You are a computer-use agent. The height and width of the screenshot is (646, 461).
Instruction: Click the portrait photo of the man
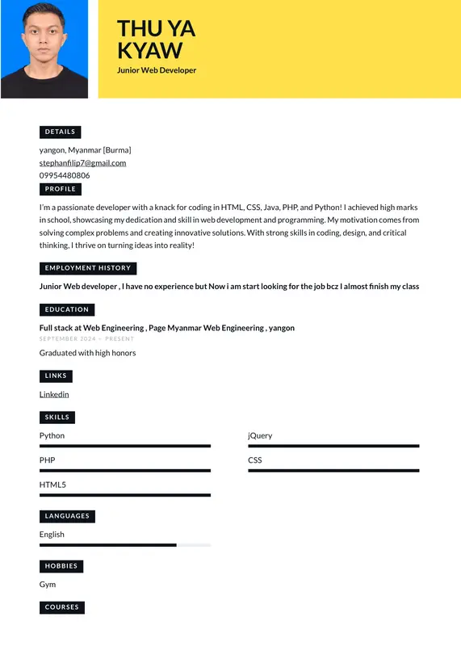(x=44, y=48)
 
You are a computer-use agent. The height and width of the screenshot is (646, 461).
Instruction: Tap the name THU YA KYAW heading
(x=157, y=40)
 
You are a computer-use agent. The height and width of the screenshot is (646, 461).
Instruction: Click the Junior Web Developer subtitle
(x=157, y=70)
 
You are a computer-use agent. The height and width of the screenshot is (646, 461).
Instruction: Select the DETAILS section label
(x=60, y=132)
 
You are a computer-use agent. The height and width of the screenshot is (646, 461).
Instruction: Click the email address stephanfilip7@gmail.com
(x=82, y=163)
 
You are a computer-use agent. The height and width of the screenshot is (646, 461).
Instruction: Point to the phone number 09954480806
(x=65, y=175)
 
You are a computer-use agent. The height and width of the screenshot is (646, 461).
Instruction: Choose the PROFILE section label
(x=61, y=189)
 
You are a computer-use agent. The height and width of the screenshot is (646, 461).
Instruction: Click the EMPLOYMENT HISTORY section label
(x=87, y=268)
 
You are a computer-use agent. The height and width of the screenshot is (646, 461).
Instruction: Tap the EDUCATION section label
(x=67, y=309)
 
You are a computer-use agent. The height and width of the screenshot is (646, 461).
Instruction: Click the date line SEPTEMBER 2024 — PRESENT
(x=86, y=339)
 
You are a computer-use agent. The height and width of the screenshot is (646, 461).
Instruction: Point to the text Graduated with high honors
(x=87, y=353)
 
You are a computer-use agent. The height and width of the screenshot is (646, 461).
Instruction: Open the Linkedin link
(x=54, y=394)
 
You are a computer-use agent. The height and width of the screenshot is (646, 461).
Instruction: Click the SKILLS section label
(x=57, y=417)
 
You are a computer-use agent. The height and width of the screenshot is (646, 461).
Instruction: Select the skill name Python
(x=52, y=435)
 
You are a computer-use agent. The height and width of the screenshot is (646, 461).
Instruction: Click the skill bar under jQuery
(x=333, y=446)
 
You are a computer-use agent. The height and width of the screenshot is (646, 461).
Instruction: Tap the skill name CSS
(x=255, y=460)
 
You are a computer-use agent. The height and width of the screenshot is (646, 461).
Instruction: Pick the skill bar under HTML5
(x=125, y=495)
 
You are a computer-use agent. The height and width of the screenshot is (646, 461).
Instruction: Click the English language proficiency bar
(x=125, y=545)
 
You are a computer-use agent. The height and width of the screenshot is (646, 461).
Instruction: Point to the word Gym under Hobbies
(x=48, y=584)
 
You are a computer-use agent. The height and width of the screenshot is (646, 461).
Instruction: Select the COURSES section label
(x=62, y=607)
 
